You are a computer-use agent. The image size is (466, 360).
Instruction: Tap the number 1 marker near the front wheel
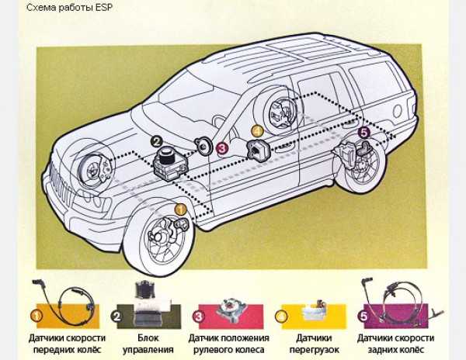(180, 209)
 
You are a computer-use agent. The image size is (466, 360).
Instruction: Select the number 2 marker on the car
(156, 142)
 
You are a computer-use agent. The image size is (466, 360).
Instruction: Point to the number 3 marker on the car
(222, 146)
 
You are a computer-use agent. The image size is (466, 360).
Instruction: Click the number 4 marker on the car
(257, 131)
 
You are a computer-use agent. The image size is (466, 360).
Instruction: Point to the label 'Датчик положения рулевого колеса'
(229, 344)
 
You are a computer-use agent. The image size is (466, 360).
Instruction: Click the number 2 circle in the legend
(116, 317)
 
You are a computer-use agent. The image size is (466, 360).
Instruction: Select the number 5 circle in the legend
(362, 317)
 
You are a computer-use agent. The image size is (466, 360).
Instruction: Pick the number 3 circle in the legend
(199, 317)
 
